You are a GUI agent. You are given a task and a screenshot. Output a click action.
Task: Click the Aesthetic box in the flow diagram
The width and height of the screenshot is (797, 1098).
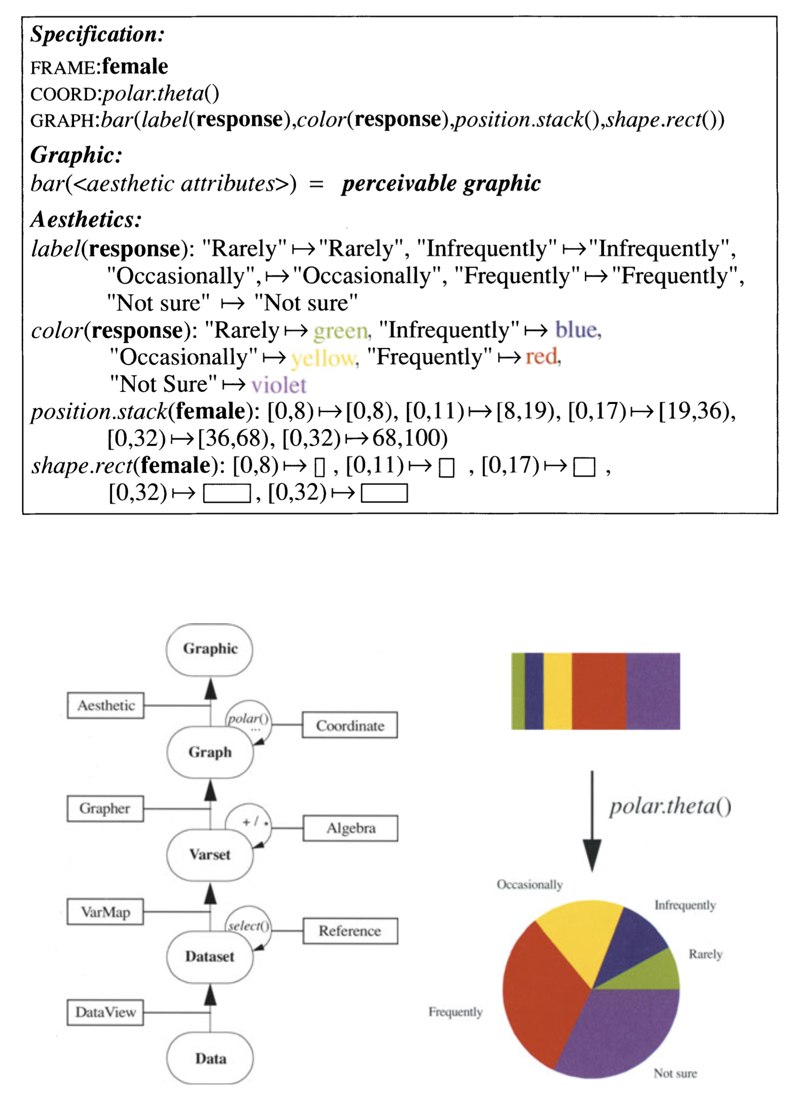click(105, 706)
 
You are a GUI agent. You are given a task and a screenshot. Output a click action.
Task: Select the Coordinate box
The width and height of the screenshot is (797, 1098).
click(349, 725)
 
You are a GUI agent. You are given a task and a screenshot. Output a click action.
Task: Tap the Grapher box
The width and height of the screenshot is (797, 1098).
click(105, 809)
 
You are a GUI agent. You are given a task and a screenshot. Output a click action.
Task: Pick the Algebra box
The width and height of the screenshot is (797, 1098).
click(350, 828)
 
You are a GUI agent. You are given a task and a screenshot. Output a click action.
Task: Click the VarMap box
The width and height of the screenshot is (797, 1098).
click(105, 912)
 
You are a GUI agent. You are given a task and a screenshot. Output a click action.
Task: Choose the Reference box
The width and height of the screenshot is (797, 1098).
click(350, 931)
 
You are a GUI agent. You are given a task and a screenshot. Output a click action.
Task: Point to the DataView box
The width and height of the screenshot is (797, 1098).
click(105, 1012)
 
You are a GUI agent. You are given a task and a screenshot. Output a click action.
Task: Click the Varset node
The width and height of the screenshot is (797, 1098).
click(209, 854)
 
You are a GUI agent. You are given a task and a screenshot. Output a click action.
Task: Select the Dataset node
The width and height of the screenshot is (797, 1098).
click(209, 956)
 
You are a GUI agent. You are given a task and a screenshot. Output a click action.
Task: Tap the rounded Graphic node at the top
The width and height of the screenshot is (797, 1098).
click(209, 649)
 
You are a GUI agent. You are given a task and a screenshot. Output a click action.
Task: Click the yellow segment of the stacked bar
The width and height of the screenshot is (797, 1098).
click(557, 691)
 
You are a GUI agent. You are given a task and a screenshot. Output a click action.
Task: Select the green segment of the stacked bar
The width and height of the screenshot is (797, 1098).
click(518, 691)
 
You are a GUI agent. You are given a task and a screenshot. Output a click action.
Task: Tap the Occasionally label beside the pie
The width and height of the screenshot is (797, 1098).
click(529, 885)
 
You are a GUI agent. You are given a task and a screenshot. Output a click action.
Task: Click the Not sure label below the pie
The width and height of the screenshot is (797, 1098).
click(675, 1074)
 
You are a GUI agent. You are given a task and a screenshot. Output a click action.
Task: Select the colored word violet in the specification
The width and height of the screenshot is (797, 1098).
click(279, 385)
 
